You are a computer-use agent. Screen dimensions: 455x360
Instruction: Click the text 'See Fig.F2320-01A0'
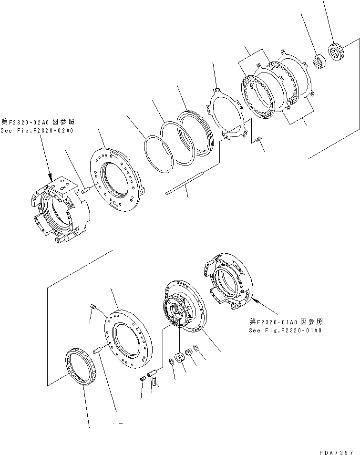tap(285, 330)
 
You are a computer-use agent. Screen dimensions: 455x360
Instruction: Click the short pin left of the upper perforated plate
tap(86, 189)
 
